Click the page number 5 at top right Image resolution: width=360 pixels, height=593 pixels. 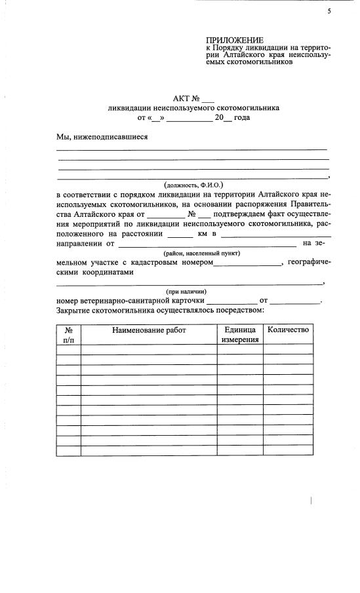(x=329, y=11)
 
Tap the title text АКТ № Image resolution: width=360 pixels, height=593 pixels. (x=186, y=98)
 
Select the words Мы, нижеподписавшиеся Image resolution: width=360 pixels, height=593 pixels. (x=102, y=137)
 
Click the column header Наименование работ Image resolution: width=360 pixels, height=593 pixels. (x=149, y=330)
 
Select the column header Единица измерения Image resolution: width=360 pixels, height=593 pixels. (x=239, y=335)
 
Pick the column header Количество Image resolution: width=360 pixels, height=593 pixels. (x=288, y=330)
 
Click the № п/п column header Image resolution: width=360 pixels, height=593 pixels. (x=69, y=335)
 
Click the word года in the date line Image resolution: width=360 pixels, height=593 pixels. (x=242, y=118)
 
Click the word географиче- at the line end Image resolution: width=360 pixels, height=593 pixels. (x=309, y=262)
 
